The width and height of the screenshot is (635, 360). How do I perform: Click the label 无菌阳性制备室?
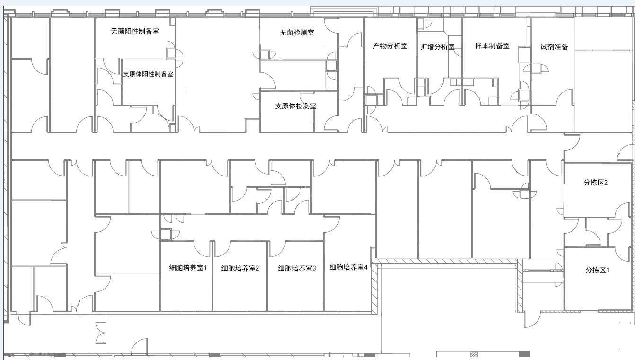[x=135, y=31]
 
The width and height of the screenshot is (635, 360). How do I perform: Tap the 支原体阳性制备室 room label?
[x=148, y=74]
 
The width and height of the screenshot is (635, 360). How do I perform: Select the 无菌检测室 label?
[x=297, y=33]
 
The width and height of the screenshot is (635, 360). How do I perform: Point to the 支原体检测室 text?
[x=296, y=106]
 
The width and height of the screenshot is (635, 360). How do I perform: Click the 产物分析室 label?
[x=390, y=45]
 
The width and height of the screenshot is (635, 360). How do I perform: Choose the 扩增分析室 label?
[x=437, y=47]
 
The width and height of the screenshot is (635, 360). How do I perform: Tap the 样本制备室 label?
[x=493, y=45]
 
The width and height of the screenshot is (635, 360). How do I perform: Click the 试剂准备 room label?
[x=554, y=47]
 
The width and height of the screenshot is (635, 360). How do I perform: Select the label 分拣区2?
[x=596, y=183]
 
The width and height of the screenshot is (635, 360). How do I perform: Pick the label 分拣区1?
[x=597, y=270]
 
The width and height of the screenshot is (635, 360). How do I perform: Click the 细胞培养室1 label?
[x=188, y=268]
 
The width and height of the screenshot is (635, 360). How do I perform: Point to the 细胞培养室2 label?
[x=240, y=268]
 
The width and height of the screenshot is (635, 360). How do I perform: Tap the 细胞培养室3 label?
[x=297, y=268]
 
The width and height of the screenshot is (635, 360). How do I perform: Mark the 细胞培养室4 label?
[x=348, y=267]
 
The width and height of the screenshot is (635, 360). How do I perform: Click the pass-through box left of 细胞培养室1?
[x=166, y=235]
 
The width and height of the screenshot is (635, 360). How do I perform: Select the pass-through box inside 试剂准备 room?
[x=536, y=69]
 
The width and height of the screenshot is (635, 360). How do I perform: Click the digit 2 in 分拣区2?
[x=606, y=183]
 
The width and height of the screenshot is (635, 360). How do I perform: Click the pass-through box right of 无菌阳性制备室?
[x=171, y=53]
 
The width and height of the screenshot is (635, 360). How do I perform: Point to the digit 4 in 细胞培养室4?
[x=366, y=267]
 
